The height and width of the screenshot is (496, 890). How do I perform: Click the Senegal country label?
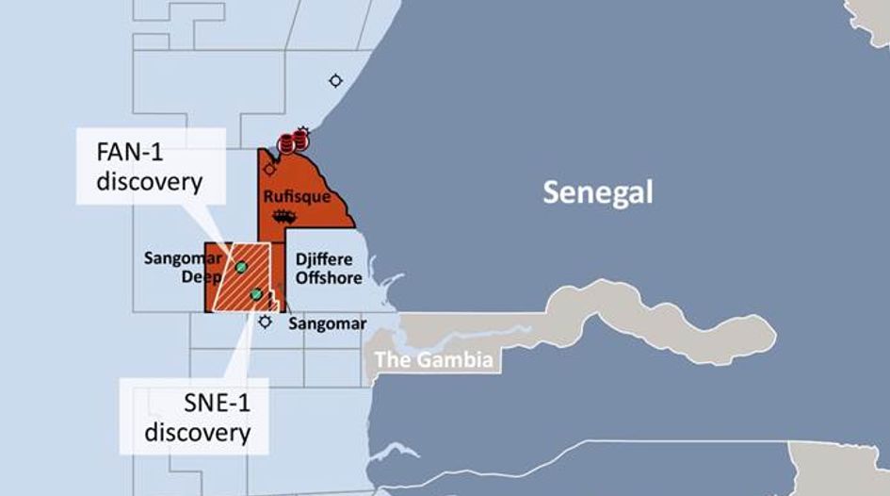point(597,193)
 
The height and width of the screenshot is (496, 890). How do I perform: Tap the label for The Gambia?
point(433,359)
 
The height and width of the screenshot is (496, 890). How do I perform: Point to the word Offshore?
point(329,277)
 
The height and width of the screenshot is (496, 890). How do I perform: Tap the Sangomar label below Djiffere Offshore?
point(327,323)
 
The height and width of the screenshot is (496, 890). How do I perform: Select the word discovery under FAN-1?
point(148,180)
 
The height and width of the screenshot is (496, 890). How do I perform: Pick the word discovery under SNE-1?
point(194,433)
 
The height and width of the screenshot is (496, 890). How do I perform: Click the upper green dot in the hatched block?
point(241,268)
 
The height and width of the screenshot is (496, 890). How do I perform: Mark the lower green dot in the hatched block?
point(256,295)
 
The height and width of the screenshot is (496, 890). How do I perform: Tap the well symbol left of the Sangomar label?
point(266,322)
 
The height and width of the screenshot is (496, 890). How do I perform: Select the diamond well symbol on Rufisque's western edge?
point(269,170)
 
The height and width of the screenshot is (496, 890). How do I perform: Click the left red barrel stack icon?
point(286,144)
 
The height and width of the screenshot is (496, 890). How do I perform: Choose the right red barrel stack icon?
point(300,141)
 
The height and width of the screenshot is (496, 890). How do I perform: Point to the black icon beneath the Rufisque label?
point(279,217)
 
